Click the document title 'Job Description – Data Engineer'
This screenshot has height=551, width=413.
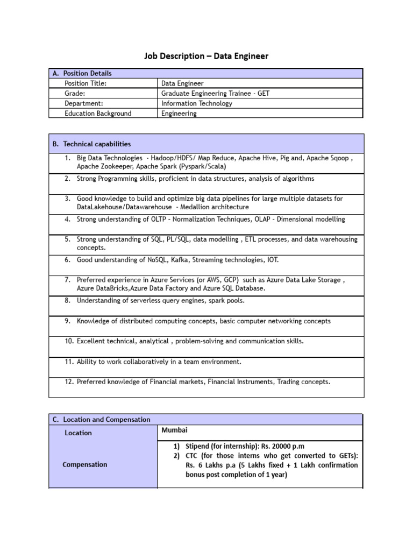tap(206, 56)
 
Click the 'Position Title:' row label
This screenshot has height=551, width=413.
tap(86, 83)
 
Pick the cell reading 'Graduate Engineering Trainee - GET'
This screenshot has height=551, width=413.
tap(215, 93)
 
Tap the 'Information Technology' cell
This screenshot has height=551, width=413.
tap(197, 103)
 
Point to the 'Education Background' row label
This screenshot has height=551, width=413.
tap(98, 114)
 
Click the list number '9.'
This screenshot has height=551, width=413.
tap(68, 321)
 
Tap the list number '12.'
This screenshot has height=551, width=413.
tap(69, 382)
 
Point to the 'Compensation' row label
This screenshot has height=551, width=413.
tap(85, 464)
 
